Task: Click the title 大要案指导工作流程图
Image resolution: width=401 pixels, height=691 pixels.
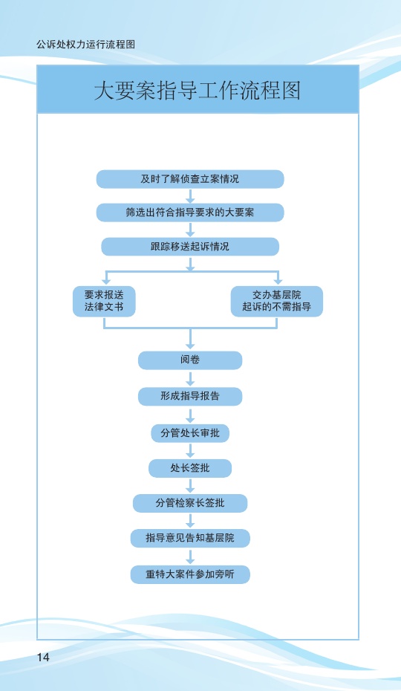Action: tap(198, 91)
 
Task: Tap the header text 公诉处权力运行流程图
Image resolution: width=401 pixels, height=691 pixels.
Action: tap(85, 44)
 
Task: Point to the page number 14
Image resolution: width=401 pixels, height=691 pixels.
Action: tap(43, 657)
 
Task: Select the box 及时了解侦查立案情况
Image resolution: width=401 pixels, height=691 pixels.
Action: tap(190, 179)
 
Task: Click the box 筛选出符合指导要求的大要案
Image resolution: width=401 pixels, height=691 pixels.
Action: tap(190, 213)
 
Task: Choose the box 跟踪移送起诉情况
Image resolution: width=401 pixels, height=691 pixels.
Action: tap(190, 247)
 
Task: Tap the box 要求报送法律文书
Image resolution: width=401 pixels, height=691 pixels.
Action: tap(104, 301)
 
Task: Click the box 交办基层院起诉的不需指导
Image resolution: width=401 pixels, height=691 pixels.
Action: tap(277, 301)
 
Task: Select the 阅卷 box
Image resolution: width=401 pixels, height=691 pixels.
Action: tap(190, 360)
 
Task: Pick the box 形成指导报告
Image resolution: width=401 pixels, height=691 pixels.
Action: tap(190, 396)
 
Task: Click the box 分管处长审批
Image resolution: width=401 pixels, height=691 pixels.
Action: tap(190, 433)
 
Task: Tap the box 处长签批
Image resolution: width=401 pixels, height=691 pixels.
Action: tap(190, 468)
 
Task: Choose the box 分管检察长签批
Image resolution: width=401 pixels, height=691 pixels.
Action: tap(190, 503)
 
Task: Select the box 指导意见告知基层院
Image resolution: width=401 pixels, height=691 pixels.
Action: tap(190, 538)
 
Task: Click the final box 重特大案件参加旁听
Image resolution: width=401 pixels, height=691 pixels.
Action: tap(190, 574)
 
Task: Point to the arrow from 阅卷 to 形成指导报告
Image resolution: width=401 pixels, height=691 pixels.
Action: tap(190, 378)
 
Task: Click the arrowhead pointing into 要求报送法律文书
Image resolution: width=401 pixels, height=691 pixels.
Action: tap(105, 281)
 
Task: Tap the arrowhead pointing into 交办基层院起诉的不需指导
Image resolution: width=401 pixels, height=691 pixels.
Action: tap(278, 281)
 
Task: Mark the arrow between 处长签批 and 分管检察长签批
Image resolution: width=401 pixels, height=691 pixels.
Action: tap(190, 486)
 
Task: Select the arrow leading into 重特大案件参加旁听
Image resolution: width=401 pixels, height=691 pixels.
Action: tap(190, 557)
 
